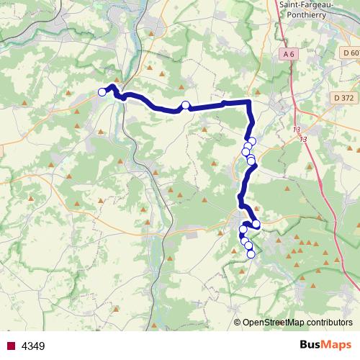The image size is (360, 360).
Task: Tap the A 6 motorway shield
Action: pyautogui.click(x=289, y=54)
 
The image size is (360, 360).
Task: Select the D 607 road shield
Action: pyautogui.click(x=351, y=53)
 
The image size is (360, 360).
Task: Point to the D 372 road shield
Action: pyautogui.click(x=345, y=97)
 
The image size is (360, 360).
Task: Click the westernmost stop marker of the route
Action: pyautogui.click(x=102, y=92)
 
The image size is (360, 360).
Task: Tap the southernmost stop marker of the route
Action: pyautogui.click(x=251, y=253)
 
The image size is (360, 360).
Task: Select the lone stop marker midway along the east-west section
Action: pyautogui.click(x=185, y=106)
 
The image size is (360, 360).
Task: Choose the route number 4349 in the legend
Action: pyautogui.click(x=33, y=346)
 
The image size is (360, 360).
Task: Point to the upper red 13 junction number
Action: pyautogui.click(x=297, y=130)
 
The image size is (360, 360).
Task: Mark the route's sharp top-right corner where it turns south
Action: pyautogui.click(x=250, y=102)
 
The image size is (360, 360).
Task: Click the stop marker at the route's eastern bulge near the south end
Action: pyautogui.click(x=256, y=224)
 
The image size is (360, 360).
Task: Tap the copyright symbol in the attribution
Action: pyautogui.click(x=238, y=322)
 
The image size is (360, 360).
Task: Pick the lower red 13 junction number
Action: pyautogui.click(x=303, y=139)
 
